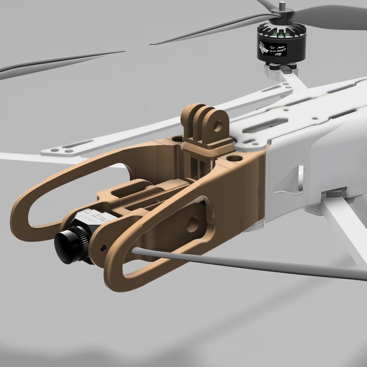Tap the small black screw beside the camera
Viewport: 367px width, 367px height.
coord(103,247)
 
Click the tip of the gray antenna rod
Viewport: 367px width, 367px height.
coord(135,252)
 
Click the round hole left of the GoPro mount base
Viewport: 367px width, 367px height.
coord(177,138)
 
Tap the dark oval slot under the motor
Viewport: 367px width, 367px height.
coord(287,69)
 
